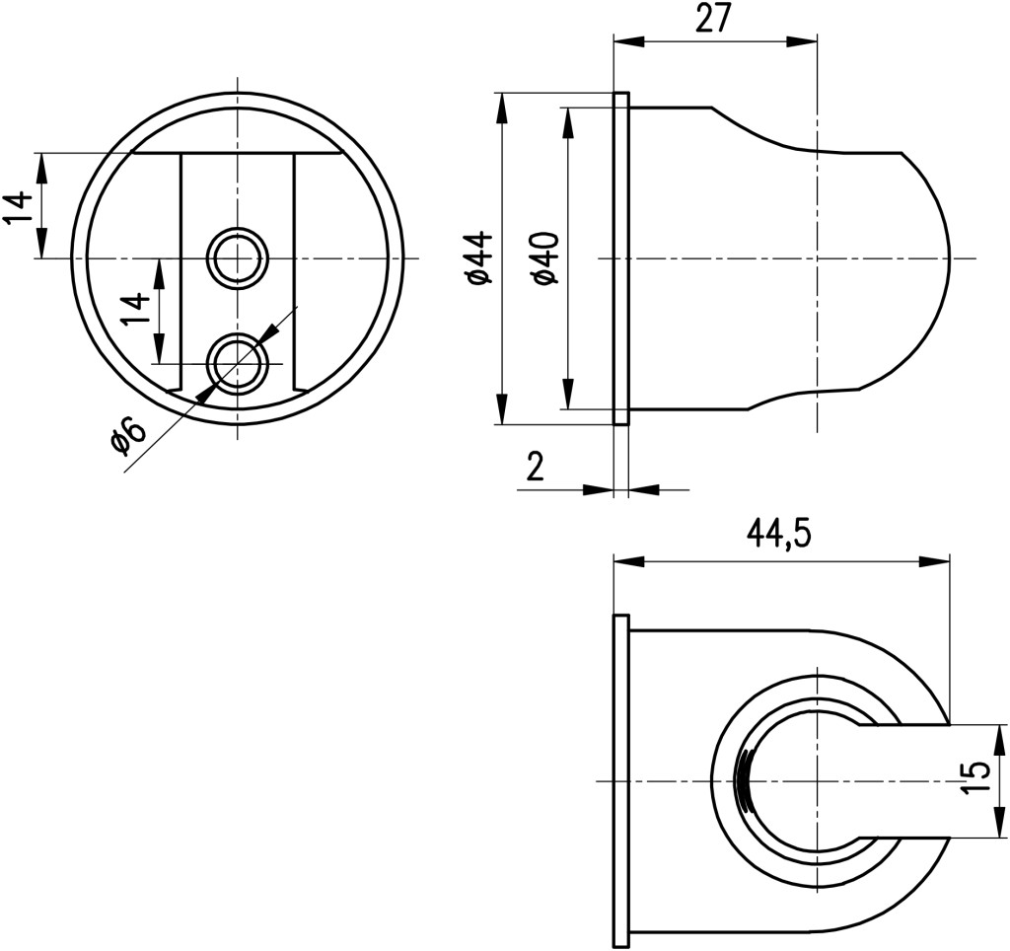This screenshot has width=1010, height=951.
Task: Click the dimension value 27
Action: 714,20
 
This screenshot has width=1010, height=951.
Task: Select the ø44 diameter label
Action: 481,258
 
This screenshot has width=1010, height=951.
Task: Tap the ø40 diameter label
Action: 545,259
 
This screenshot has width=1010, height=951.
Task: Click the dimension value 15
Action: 976,779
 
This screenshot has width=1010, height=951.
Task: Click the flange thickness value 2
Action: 536,467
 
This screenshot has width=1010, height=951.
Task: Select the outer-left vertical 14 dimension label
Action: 18,207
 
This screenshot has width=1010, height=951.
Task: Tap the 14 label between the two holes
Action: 135,310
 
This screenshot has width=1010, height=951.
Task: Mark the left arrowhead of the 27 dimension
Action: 629,40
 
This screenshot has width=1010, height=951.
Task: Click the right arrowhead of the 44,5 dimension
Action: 935,562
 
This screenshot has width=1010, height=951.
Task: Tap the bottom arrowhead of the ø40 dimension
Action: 567,393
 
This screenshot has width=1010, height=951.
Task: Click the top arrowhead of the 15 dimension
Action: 1000,740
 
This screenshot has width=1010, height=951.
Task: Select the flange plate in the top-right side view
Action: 621,258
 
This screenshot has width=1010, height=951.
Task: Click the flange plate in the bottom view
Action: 620,781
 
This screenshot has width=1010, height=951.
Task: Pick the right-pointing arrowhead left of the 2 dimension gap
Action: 598,489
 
